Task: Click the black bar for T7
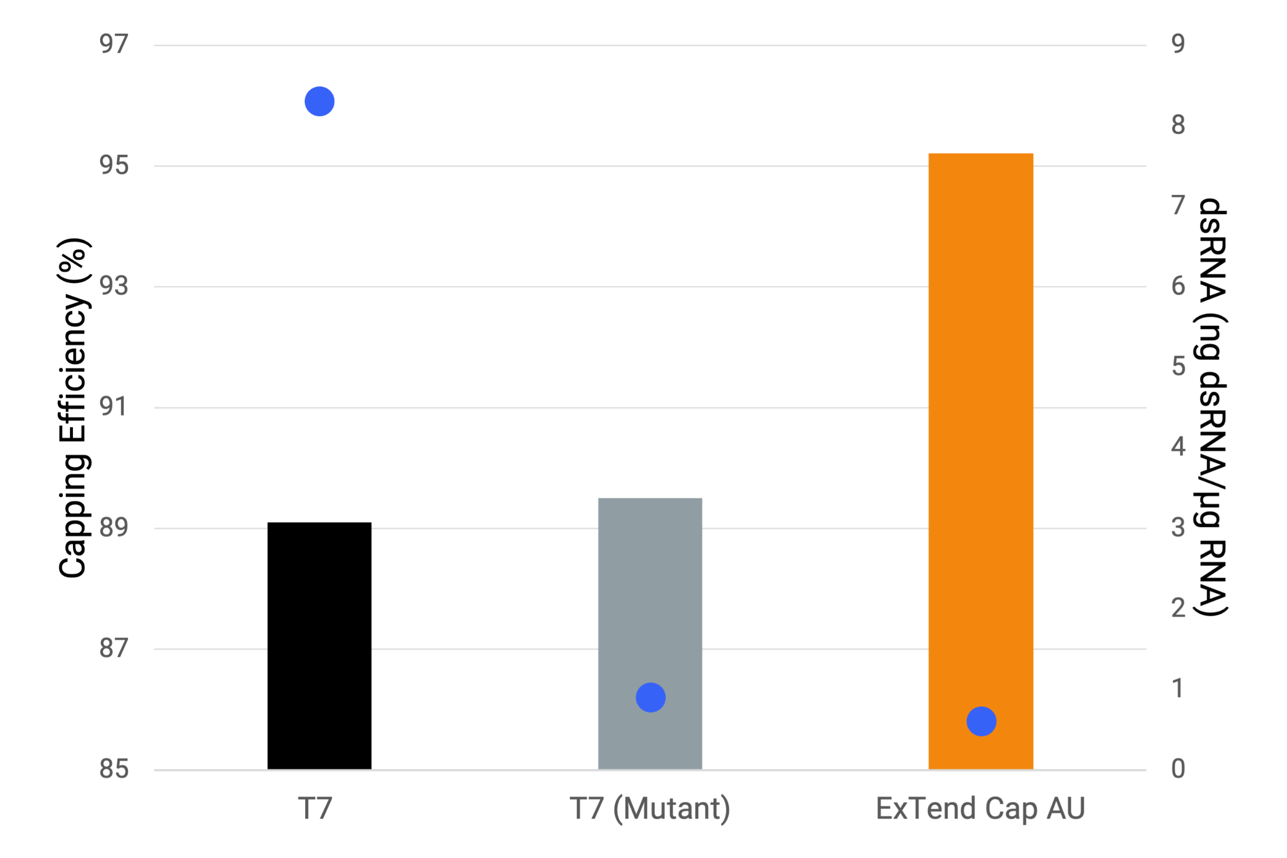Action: click(319, 646)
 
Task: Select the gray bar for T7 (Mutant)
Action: click(650, 602)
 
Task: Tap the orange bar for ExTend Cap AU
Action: click(980, 438)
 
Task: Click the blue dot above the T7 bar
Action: click(319, 101)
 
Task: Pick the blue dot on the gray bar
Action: click(650, 698)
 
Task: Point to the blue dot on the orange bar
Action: click(981, 721)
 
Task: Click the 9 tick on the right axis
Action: click(1178, 44)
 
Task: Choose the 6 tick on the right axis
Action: click(1178, 286)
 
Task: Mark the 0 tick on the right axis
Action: click(1178, 769)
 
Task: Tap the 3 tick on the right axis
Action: click(1178, 527)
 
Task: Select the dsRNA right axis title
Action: click(1212, 408)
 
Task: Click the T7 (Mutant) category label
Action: click(650, 808)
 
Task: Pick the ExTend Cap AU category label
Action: click(980, 808)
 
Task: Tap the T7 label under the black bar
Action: click(315, 808)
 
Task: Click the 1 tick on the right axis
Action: click(1178, 688)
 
